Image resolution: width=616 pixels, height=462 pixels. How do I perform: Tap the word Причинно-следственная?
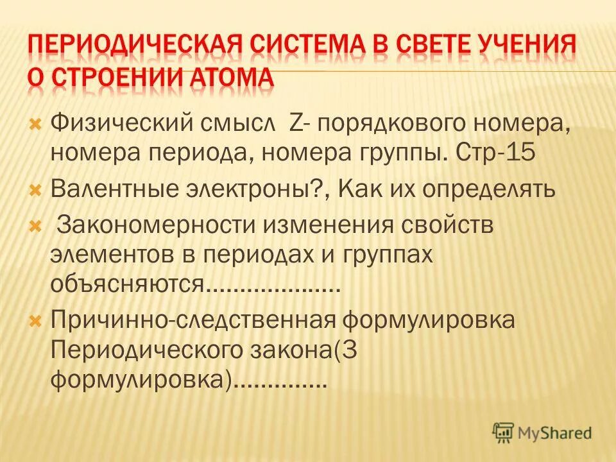(x=194, y=319)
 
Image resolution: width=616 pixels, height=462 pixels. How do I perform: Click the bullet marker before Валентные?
(x=36, y=191)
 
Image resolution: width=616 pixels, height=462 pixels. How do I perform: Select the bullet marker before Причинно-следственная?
(x=36, y=320)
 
